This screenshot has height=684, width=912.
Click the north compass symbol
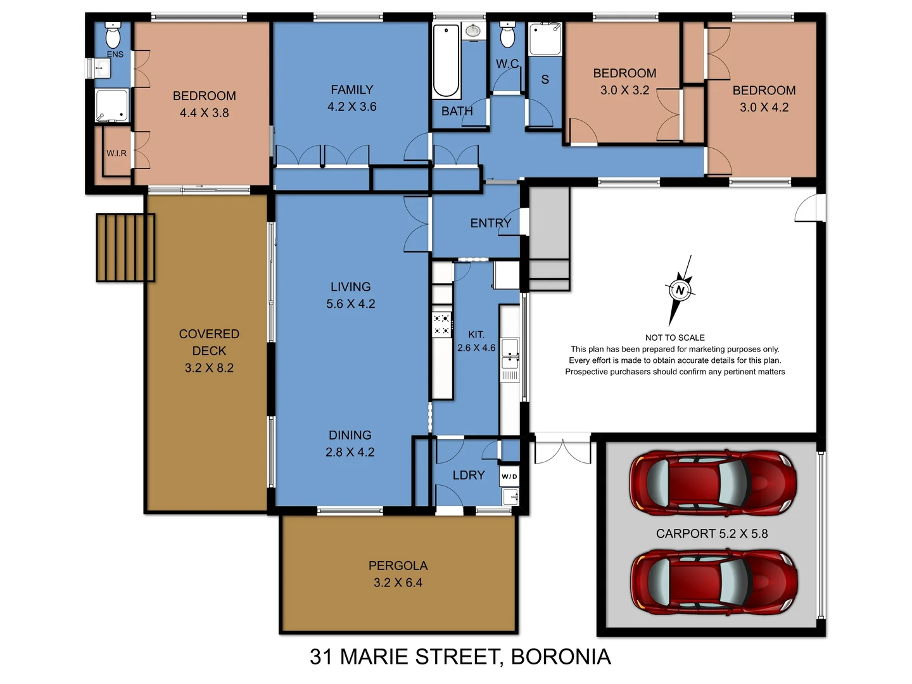(680, 290)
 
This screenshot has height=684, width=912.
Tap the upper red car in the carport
(712, 483)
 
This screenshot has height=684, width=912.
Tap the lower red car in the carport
(714, 582)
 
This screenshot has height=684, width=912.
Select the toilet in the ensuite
(113, 37)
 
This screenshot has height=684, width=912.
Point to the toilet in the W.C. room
(507, 36)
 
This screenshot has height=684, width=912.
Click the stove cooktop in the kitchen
(441, 324)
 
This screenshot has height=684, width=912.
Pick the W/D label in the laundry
(509, 476)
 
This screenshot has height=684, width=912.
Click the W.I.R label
(117, 153)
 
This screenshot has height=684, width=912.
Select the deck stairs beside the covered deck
(125, 247)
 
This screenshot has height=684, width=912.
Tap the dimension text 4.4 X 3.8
(204, 113)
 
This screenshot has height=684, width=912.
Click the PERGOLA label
(398, 566)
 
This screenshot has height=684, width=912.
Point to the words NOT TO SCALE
(674, 338)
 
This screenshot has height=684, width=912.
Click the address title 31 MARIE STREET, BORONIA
(460, 657)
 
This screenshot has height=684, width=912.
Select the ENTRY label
(490, 223)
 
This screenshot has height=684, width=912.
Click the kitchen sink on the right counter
(509, 353)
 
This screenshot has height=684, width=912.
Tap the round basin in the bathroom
(472, 30)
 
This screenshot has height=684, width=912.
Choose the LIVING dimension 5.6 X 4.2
(350, 304)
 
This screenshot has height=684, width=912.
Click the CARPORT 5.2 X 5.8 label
(711, 534)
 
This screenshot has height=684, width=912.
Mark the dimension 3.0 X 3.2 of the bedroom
(624, 90)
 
